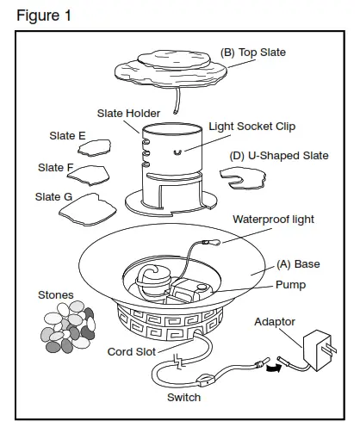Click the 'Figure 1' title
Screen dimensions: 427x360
(x=44, y=15)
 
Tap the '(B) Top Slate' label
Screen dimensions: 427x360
(x=253, y=53)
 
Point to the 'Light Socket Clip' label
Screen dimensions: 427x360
(x=257, y=127)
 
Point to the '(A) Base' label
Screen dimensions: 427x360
(x=299, y=263)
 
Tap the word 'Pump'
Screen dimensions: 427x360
(x=291, y=282)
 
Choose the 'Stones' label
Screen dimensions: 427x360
(x=55, y=294)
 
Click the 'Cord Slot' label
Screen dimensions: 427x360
(x=132, y=351)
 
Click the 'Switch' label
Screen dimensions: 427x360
(x=183, y=397)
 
